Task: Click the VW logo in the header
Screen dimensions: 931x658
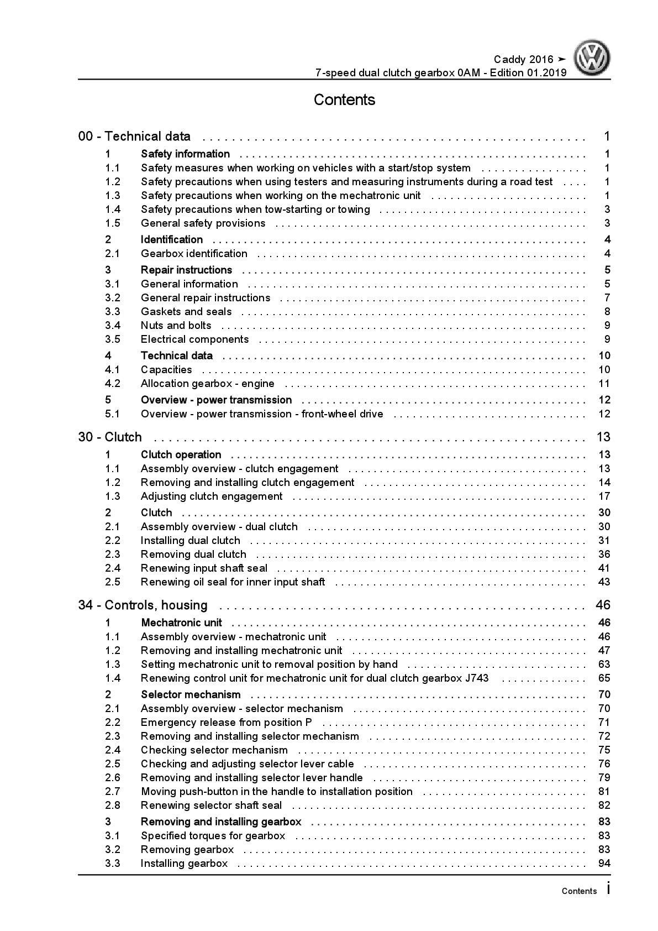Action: coord(592,57)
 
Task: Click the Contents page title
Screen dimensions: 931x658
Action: coord(344,100)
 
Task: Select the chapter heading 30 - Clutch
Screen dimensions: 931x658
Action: coord(110,437)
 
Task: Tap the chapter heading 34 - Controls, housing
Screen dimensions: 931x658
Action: coord(143,605)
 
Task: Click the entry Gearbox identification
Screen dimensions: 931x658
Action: coord(194,254)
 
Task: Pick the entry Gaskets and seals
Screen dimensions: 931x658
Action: coord(186,312)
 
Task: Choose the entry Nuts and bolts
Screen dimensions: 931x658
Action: coord(176,326)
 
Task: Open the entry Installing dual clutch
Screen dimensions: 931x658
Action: coord(190,541)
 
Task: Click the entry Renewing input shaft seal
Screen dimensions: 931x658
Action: coord(204,568)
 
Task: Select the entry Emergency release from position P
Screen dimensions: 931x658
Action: coord(226,723)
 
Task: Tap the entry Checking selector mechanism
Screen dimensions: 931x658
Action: coord(214,750)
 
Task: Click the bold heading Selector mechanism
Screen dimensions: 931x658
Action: coord(191,695)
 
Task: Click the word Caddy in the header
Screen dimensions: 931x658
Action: coord(509,60)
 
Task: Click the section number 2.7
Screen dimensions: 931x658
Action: coord(113,792)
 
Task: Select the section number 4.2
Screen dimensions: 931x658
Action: coord(113,384)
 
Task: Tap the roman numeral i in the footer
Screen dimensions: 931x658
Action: coord(608,889)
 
